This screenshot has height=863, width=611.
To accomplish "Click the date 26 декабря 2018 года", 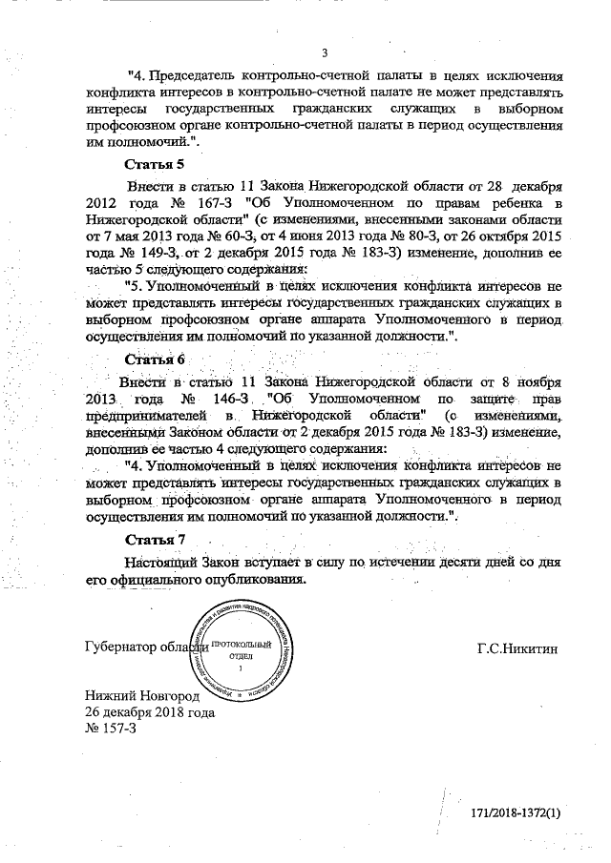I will pyautogui.click(x=150, y=712).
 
